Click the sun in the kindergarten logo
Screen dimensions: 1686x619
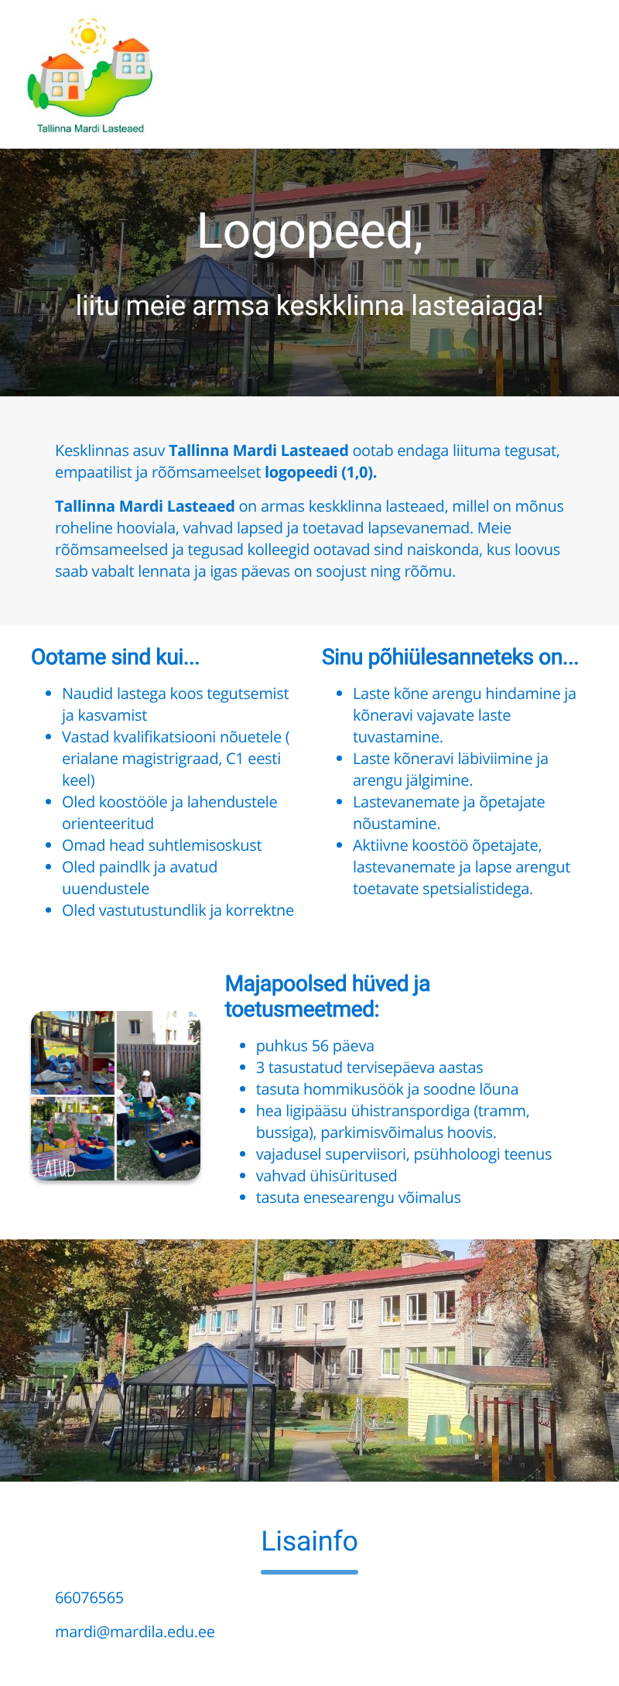(x=88, y=35)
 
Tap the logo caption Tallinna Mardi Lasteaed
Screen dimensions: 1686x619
(x=91, y=129)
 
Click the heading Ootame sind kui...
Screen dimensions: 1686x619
(x=115, y=657)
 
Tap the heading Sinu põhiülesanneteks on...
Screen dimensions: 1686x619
(x=450, y=657)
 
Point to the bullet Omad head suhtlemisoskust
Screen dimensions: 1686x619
(x=162, y=845)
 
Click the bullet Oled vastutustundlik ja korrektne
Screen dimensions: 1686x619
(x=178, y=910)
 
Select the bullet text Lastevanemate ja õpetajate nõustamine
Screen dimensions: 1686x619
(x=449, y=813)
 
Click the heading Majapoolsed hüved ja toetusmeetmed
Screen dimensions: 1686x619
(x=327, y=996)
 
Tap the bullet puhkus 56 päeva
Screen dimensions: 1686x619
(x=315, y=1046)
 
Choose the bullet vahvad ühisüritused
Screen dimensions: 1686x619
(x=327, y=1176)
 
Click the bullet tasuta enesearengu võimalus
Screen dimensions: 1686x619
(x=358, y=1198)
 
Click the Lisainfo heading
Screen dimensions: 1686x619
(x=309, y=1541)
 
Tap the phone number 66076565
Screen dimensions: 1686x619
(x=89, y=1598)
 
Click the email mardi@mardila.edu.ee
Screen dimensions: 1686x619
(x=135, y=1632)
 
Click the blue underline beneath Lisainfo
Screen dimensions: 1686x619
(x=309, y=1572)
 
